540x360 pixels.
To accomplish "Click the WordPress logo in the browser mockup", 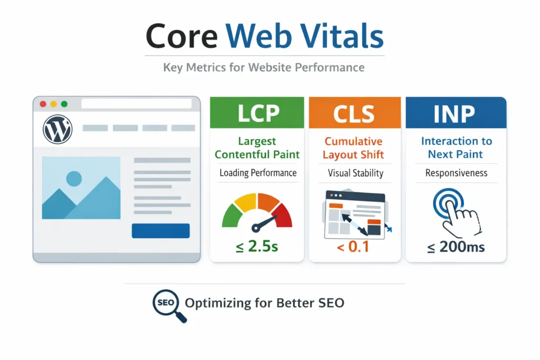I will [57, 128].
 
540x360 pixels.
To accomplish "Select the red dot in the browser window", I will [43, 104].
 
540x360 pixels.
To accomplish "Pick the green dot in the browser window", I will [64, 104].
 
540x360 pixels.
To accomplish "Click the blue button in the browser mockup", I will [160, 230].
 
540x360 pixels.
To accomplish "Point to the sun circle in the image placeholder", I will [74, 179].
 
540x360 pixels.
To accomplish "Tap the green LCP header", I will [257, 113].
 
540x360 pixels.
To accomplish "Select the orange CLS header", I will [354, 113].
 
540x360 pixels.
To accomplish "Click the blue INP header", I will [456, 113].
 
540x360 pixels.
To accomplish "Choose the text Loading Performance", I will [258, 173].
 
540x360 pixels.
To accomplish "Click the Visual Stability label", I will [355, 173].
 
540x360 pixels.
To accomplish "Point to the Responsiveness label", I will [456, 173].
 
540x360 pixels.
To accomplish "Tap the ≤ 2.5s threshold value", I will [257, 246].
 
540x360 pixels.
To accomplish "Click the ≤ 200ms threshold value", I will [456, 246].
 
